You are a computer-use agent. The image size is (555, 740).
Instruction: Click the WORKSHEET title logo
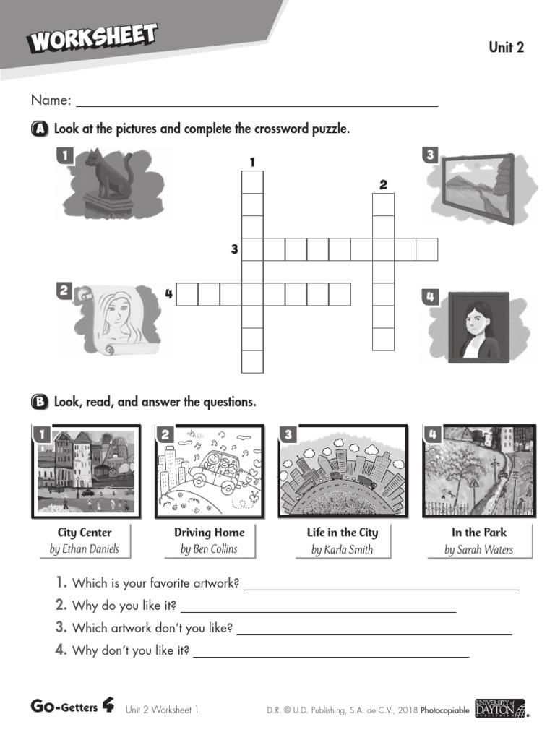pos(92,38)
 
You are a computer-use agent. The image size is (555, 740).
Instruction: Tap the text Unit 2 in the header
pos(506,48)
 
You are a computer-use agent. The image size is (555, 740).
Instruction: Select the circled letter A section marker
pos(40,129)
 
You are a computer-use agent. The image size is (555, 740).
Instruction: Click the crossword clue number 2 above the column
pos(383,185)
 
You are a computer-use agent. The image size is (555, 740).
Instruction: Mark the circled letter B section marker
pos(40,402)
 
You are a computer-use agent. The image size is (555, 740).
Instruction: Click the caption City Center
pos(85,533)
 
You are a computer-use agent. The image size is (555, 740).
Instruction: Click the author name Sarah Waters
pos(479,549)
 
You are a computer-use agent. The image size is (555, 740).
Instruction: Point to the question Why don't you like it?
pos(131,650)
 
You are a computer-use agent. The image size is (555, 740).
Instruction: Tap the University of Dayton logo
pos(501,709)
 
